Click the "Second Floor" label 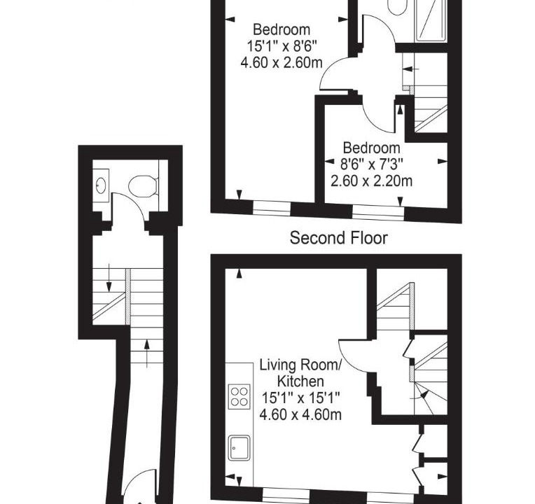(338, 238)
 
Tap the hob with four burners (239, 396)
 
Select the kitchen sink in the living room (239, 448)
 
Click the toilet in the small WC (143, 186)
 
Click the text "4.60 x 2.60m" (282, 63)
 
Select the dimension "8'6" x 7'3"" (372, 164)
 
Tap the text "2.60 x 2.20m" (372, 181)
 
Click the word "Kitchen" (300, 381)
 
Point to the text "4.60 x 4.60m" (300, 414)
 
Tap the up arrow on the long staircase (147, 353)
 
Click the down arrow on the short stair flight (109, 278)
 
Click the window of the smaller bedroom (378, 212)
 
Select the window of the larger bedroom (272, 209)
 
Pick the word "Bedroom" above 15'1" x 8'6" (282, 29)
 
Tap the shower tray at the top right (431, 20)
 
